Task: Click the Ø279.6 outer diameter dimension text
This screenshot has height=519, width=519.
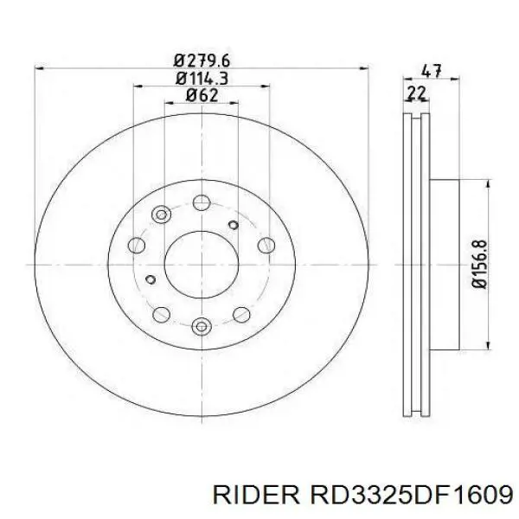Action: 201,60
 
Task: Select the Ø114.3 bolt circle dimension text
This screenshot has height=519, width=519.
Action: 201,78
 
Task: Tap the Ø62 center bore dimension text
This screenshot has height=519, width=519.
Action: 201,96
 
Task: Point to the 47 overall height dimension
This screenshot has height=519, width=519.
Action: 426,72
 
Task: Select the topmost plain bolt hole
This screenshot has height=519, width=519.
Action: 201,202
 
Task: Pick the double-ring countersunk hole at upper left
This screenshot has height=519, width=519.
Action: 160,215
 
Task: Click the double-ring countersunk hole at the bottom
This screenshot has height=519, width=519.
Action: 202,326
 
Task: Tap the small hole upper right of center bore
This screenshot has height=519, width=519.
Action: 233,225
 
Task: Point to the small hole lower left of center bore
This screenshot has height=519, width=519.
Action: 151,279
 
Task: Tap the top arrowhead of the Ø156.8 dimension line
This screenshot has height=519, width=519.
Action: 490,185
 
